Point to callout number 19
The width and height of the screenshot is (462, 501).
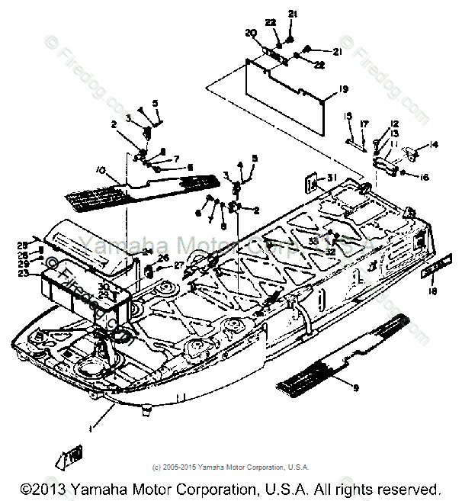(344, 90)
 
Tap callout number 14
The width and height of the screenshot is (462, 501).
(435, 144)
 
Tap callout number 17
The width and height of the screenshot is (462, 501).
(364, 124)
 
